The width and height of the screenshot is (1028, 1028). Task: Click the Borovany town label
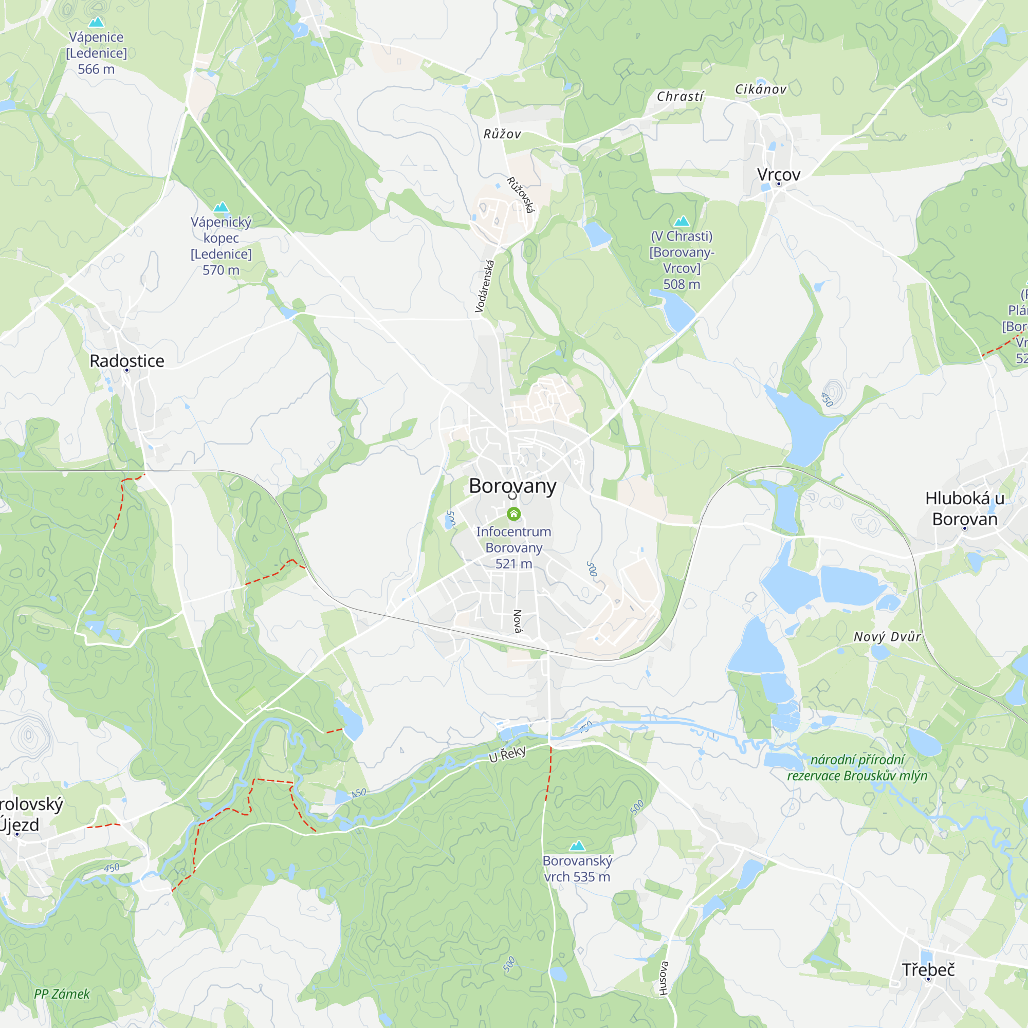(512, 486)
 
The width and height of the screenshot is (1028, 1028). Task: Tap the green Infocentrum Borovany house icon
(513, 513)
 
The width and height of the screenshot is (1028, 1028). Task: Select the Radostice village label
(126, 361)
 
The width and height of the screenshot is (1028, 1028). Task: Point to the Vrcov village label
(778, 175)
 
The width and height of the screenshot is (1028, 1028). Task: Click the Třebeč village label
(928, 969)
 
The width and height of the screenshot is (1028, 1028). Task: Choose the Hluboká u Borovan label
(965, 508)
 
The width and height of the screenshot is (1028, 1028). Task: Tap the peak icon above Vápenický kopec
(221, 207)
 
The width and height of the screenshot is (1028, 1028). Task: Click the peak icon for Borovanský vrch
(577, 845)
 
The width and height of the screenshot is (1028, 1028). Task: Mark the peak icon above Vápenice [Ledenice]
(96, 22)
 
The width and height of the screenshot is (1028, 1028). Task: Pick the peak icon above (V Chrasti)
(682, 221)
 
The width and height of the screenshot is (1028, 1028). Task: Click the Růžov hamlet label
(502, 134)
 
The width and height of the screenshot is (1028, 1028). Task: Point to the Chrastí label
(680, 96)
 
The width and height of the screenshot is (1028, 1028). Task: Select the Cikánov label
(760, 89)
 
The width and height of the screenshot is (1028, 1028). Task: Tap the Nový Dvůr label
(887, 637)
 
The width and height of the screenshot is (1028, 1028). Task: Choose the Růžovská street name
(520, 195)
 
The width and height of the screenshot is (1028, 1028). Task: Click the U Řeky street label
(507, 754)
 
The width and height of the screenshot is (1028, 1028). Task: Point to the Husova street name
(663, 978)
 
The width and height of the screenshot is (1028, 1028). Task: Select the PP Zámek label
(62, 994)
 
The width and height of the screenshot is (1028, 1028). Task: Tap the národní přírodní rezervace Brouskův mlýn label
(857, 768)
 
